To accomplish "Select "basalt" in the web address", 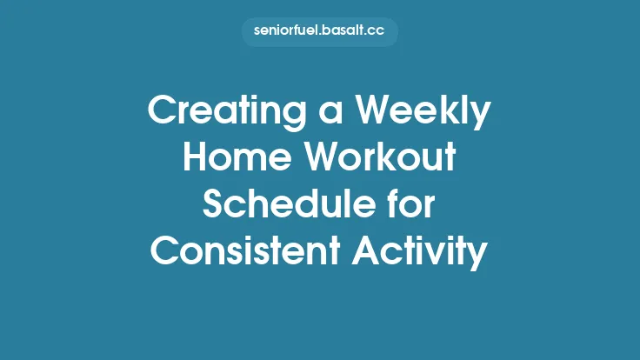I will (x=340, y=32).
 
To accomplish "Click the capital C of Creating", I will (x=163, y=111).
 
